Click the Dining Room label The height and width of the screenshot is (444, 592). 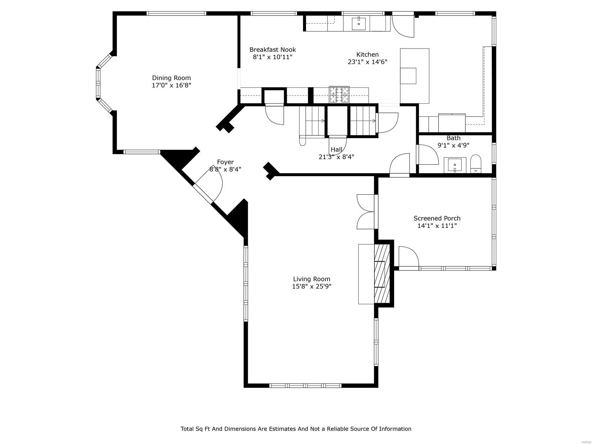coord(171,78)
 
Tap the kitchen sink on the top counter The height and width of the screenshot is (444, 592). coord(359,23)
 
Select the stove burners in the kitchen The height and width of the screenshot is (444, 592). coord(339,94)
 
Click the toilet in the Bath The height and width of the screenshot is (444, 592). coord(475,164)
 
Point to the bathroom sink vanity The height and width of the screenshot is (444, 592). coord(454,165)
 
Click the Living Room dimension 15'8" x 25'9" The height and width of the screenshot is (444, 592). coord(312,286)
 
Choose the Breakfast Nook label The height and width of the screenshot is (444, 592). coord(272,50)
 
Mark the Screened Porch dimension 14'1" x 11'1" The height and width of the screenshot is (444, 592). coord(437,226)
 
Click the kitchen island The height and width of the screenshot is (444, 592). coord(414,76)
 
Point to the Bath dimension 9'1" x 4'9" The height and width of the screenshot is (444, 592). coord(453,145)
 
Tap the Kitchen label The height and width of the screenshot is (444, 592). coord(367,54)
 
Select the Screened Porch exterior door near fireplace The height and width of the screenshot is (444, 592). coord(408,258)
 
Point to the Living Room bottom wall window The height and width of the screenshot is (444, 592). coord(305,386)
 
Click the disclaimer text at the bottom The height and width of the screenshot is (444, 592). coord(296,429)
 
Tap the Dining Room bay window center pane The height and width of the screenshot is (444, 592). coord(98,83)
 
